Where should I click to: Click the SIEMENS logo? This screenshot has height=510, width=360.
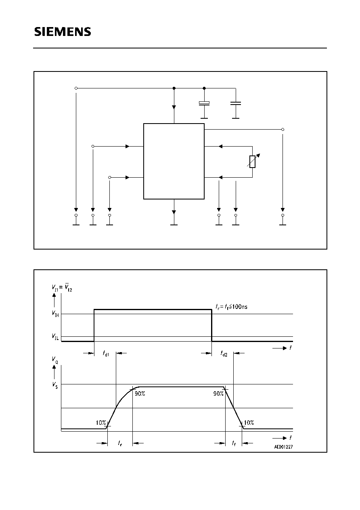click(x=63, y=31)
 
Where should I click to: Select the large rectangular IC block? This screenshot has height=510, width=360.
click(x=174, y=161)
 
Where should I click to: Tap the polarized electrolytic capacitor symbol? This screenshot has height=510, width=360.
click(x=204, y=103)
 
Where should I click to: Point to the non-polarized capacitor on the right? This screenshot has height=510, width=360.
click(x=236, y=103)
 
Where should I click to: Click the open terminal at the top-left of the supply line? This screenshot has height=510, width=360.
click(x=76, y=88)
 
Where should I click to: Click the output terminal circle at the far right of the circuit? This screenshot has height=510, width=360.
click(x=283, y=129)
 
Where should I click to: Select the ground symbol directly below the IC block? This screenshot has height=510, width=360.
click(x=174, y=225)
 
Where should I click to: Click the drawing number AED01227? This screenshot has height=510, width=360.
click(x=283, y=447)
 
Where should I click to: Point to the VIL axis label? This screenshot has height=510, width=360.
click(x=55, y=336)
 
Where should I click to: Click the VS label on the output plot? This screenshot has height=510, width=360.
click(x=55, y=385)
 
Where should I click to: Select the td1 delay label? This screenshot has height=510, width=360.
click(x=106, y=353)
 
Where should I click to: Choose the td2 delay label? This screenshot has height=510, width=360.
click(x=224, y=353)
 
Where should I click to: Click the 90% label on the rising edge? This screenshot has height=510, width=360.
click(x=140, y=394)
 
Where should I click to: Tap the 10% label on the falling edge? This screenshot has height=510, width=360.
click(x=249, y=422)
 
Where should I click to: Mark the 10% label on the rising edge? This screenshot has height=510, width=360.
click(x=101, y=422)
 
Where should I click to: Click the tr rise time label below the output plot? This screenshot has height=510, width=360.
click(x=120, y=443)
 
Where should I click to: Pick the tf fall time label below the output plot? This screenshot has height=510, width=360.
click(x=234, y=443)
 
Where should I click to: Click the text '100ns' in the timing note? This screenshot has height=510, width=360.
click(x=240, y=306)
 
